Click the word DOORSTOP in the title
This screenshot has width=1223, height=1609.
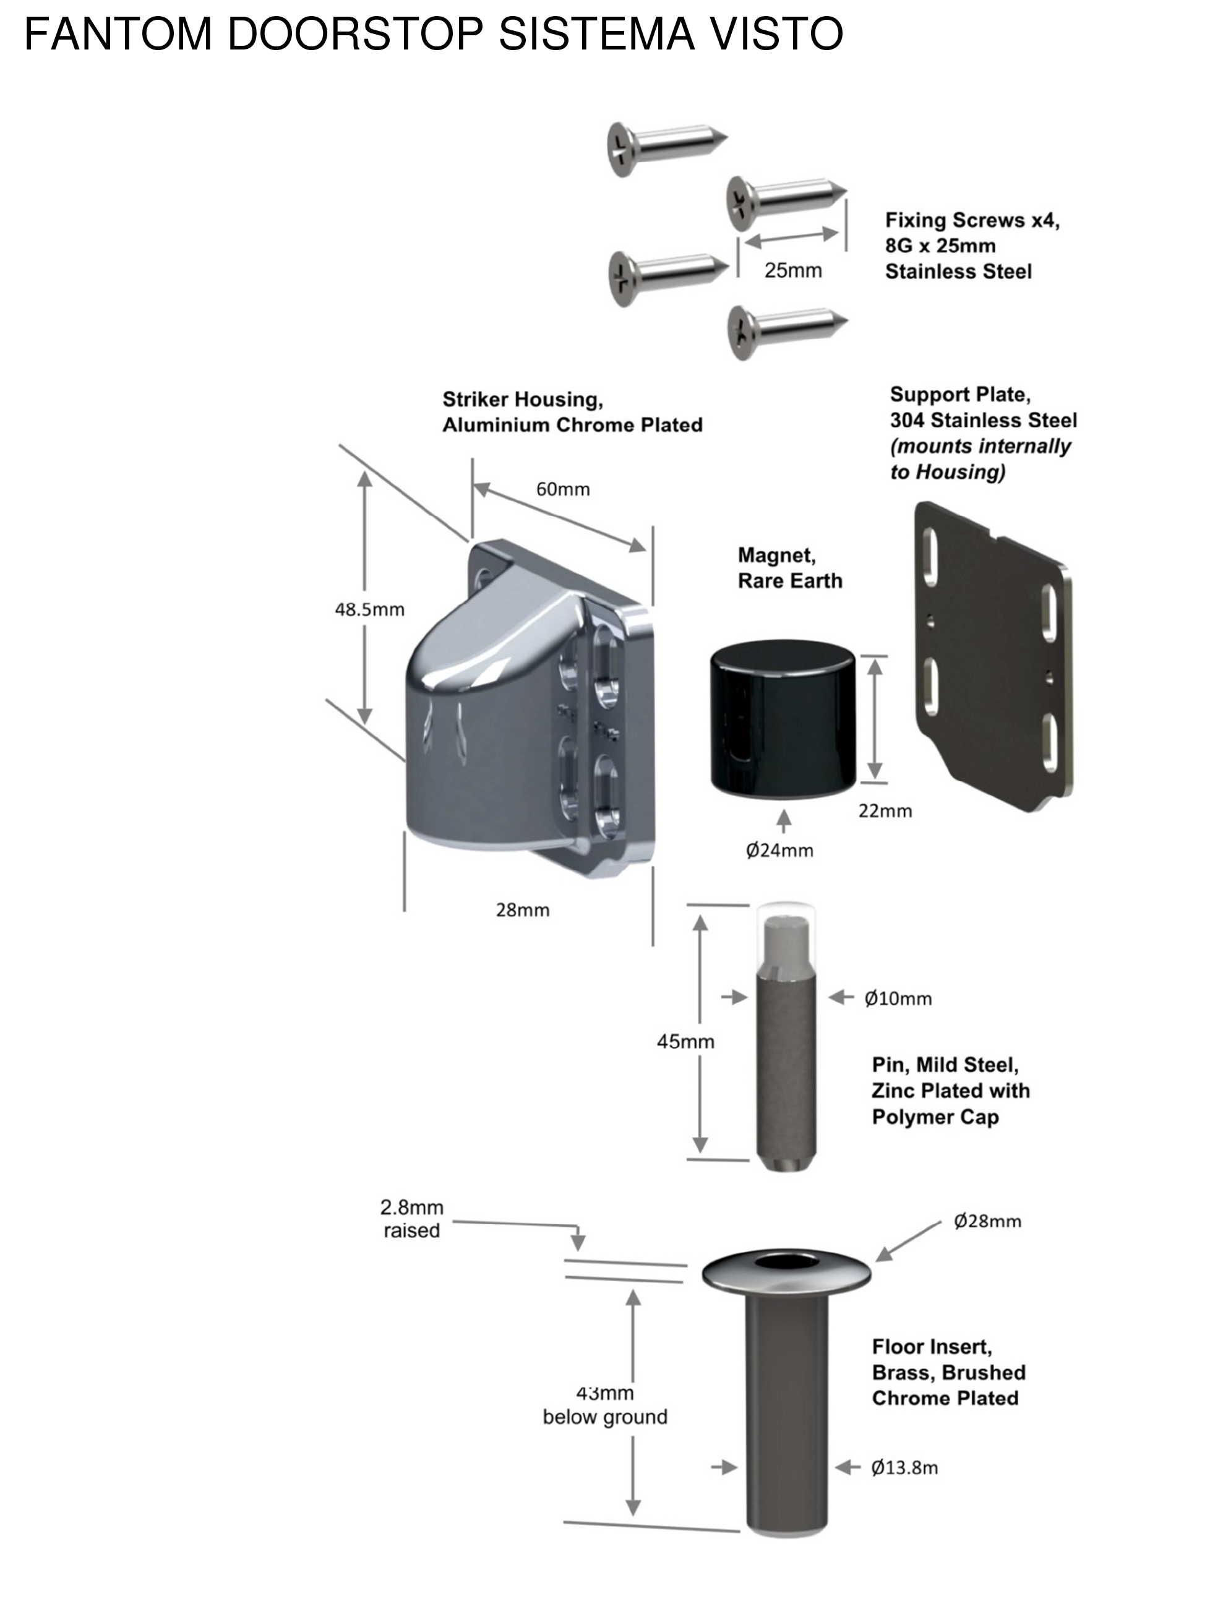[355, 33]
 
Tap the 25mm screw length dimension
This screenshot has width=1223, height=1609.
[793, 271]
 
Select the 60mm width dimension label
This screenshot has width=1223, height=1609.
[563, 489]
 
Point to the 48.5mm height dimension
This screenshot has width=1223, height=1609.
[369, 609]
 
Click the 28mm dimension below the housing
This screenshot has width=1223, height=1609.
[522, 910]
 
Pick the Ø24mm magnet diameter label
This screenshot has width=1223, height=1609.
[779, 851]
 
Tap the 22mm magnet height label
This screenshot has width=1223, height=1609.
[885, 811]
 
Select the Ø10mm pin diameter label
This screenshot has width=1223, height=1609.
[898, 999]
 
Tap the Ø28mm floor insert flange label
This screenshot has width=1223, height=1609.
[987, 1221]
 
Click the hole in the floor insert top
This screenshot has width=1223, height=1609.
[786, 1261]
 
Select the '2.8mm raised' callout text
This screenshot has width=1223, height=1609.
[411, 1219]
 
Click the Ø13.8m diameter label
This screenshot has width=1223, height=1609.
[904, 1468]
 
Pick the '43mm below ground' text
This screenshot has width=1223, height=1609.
[605, 1405]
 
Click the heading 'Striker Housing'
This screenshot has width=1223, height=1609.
[522, 400]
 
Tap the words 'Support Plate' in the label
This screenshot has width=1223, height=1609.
[959, 395]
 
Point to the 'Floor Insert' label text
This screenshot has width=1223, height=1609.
[931, 1347]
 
